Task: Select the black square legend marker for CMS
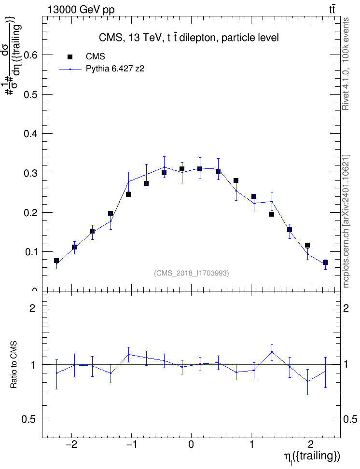pos(70,57)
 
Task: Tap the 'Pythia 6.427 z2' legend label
pos(115,69)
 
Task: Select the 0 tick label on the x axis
pos(191,444)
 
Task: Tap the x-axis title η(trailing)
pos(312,457)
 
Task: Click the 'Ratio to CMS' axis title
pos(14,365)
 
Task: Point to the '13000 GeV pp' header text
pos(81,10)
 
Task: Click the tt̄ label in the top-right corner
pos(332,9)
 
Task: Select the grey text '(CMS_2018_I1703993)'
pos(192,273)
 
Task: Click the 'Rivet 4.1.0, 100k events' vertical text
pos(346,64)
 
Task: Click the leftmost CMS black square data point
pos(56,261)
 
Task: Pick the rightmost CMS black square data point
pos(325,262)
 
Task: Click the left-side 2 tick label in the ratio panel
pos(32,308)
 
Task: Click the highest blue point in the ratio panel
pos(272,352)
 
